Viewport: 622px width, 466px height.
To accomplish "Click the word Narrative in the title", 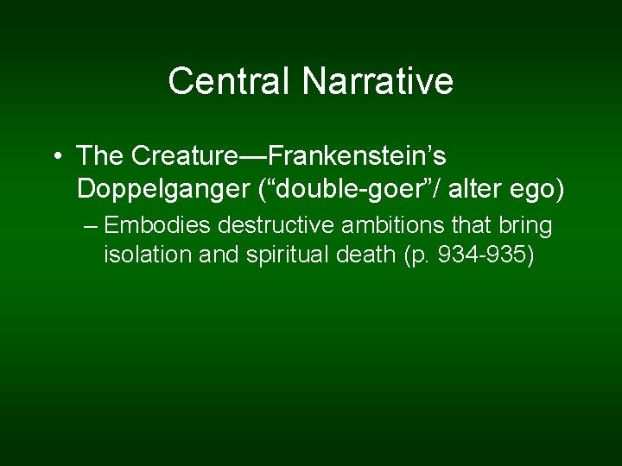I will [x=378, y=81].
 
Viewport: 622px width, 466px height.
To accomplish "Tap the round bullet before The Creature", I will [x=56, y=157].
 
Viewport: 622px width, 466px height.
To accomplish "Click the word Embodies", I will [x=158, y=225].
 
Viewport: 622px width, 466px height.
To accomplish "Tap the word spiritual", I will [x=266, y=255].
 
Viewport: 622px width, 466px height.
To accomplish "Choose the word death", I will [x=365, y=255].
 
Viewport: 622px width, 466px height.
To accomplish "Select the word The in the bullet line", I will [x=101, y=156].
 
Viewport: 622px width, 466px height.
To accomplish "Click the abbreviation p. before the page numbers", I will [x=419, y=256].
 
